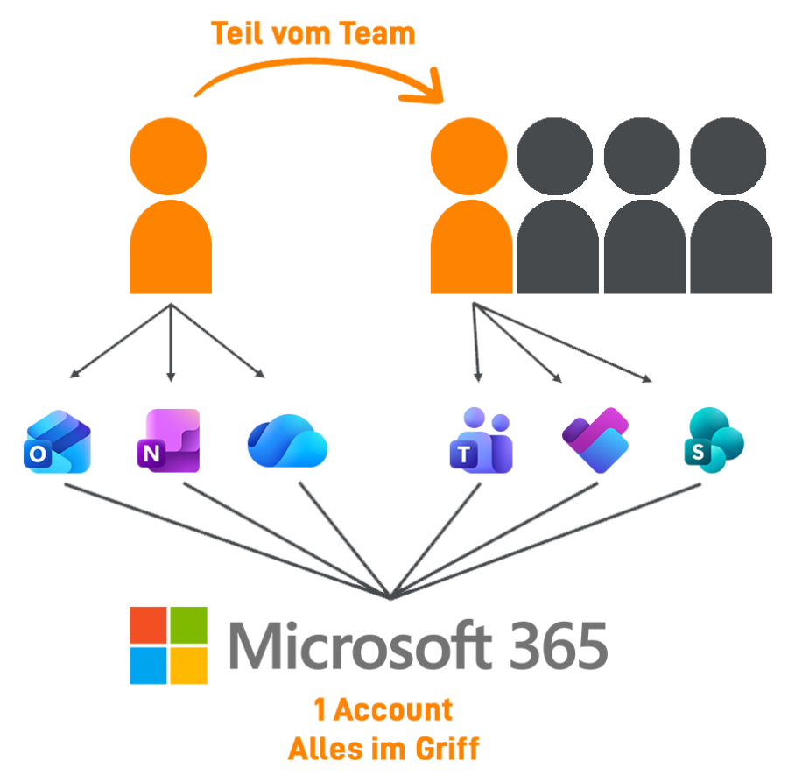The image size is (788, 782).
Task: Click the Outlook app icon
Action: (57, 442)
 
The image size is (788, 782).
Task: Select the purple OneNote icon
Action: (168, 440)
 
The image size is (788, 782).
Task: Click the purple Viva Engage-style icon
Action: (595, 440)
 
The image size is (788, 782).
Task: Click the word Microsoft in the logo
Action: (359, 645)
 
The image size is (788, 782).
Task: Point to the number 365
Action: (557, 645)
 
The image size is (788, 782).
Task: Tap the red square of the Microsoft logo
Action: (149, 624)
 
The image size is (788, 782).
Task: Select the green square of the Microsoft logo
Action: (188, 624)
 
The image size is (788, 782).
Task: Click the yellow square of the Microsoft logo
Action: (188, 665)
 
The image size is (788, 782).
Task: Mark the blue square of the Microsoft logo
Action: (149, 665)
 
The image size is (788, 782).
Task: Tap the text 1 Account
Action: (383, 710)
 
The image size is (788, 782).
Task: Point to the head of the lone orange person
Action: (168, 157)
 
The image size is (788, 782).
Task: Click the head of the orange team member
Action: (468, 157)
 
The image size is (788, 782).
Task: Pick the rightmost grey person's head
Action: (728, 157)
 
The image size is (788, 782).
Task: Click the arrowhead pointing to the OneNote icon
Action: (171, 378)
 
